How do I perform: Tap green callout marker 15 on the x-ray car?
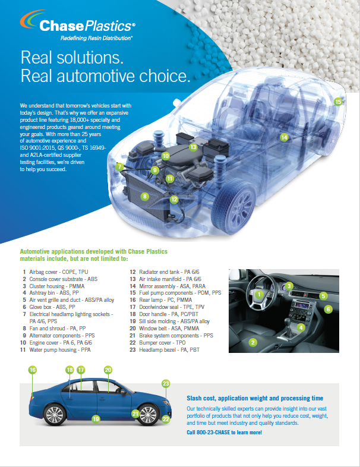coord(338,102)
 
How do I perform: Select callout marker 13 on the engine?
coord(193,147)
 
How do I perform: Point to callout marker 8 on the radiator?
coord(145,196)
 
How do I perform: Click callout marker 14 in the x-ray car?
coord(284,137)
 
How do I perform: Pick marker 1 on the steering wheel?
coord(259,295)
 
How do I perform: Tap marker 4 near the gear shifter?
coord(301,327)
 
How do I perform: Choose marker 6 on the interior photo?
coord(328,309)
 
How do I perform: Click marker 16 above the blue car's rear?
coord(33,370)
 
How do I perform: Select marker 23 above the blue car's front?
coord(166,384)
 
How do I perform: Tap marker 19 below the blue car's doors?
coord(96,419)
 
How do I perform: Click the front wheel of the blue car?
coord(148,414)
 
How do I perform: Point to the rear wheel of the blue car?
coord(55,415)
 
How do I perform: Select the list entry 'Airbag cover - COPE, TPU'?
coord(55,272)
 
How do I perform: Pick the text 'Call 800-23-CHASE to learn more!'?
coord(224,433)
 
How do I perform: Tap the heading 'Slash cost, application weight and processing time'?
coord(255,398)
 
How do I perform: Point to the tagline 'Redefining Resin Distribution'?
coord(96,38)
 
